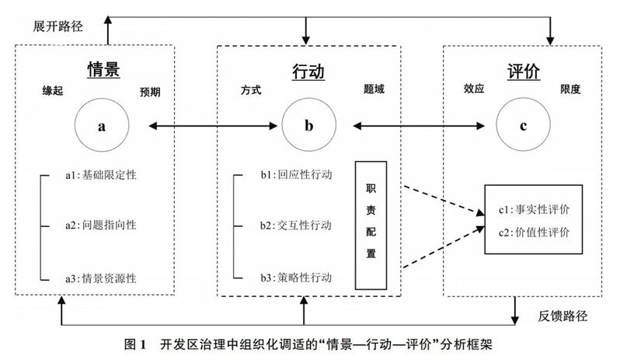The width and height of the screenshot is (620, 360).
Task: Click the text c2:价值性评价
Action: (x=534, y=232)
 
